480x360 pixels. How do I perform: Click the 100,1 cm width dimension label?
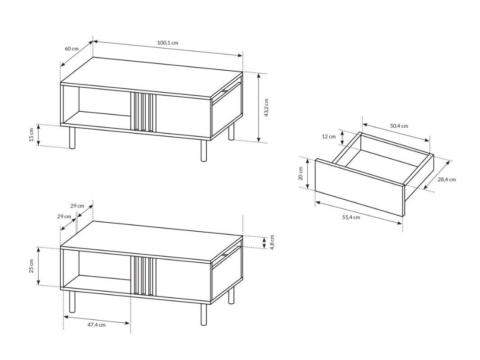click(x=167, y=43)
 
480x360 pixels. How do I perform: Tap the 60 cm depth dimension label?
click(x=72, y=49)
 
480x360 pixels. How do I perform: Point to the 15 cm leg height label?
click(x=31, y=135)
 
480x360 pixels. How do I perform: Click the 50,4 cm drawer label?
click(x=399, y=126)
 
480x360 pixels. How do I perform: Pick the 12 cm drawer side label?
click(x=329, y=136)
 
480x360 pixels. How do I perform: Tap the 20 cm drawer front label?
click(x=301, y=173)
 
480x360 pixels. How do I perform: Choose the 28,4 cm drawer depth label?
click(x=447, y=180)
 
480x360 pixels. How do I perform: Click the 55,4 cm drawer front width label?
click(x=351, y=217)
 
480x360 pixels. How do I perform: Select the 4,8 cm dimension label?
click(x=272, y=242)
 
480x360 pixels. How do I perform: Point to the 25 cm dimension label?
click(x=31, y=266)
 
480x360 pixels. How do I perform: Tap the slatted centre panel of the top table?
click(x=143, y=112)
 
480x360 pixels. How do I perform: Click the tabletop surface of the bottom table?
click(x=152, y=241)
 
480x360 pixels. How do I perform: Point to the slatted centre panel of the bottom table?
click(x=143, y=276)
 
